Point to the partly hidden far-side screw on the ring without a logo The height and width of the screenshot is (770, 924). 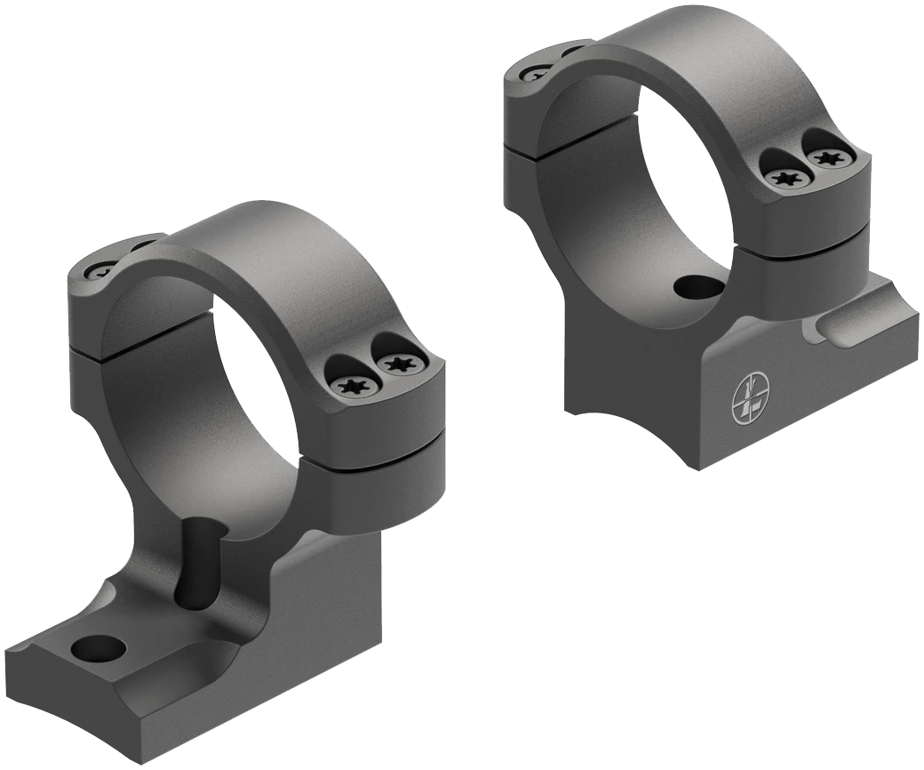pos(100,271)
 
